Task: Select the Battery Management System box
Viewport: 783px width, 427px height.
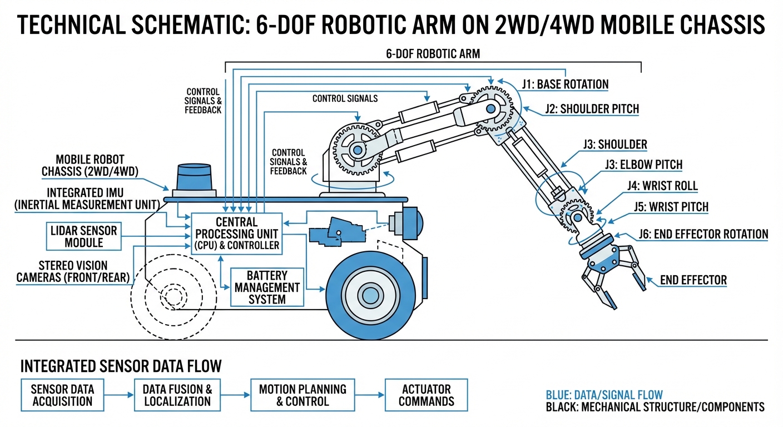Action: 267,287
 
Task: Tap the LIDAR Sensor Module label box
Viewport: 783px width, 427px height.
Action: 83,236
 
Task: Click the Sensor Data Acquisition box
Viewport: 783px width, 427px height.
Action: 62,395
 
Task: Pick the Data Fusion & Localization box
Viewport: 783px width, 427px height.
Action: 177,395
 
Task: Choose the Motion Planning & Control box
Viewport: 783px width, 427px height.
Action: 303,395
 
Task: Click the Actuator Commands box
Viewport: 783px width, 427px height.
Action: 426,395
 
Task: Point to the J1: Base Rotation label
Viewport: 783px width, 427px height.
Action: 565,85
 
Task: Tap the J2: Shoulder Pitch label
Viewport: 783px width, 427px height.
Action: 592,109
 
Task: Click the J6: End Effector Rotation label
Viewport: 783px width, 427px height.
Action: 703,234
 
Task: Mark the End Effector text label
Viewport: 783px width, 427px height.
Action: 693,280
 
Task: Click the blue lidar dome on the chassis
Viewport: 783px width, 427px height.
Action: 194,177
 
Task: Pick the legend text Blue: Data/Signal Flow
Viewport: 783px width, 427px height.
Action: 604,395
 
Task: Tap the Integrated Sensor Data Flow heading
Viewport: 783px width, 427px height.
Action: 121,366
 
